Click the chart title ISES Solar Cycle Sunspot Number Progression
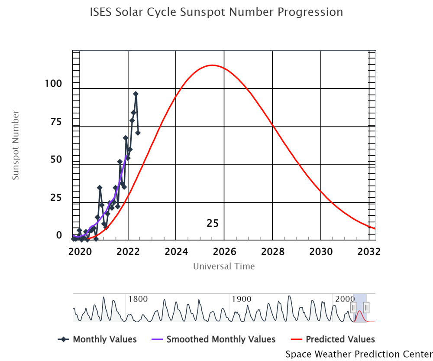click(216, 12)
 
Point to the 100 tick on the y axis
click(53, 83)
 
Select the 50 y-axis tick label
click(56, 159)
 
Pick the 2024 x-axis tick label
click(176, 251)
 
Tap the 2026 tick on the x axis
click(224, 251)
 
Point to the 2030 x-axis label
click(321, 251)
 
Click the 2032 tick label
click(369, 251)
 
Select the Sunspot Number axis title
click(16, 145)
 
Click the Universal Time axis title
click(224, 266)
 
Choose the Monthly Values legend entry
click(97, 339)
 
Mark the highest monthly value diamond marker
click(136, 94)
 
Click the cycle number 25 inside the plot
click(213, 224)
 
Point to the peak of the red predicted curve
click(212, 65)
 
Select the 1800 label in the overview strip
click(138, 299)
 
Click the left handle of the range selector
click(353, 308)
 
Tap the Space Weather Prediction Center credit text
click(359, 354)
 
